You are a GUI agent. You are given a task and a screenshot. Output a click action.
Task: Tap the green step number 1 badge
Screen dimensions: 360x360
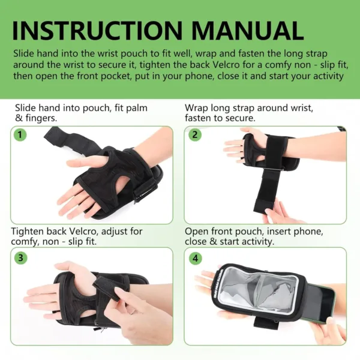[21, 134]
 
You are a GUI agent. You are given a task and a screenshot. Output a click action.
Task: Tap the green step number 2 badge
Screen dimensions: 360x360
[194, 134]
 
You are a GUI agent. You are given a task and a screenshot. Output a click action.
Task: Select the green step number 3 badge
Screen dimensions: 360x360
[21, 258]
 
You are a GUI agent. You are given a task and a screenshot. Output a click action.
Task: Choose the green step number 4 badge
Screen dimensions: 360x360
[194, 258]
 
